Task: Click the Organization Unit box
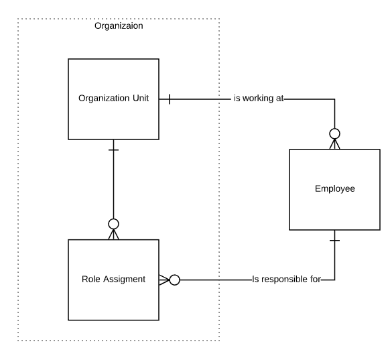click(x=113, y=99)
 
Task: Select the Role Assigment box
click(x=113, y=280)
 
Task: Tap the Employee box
click(x=334, y=190)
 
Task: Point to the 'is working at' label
click(x=259, y=99)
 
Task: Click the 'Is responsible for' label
click(x=286, y=280)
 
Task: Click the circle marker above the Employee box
click(x=334, y=133)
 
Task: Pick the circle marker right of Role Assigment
click(x=174, y=280)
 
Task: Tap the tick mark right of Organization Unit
click(x=170, y=99)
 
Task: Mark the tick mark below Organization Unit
click(x=113, y=149)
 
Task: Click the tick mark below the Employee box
click(x=334, y=240)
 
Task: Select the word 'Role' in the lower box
click(x=91, y=280)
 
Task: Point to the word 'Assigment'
click(x=124, y=280)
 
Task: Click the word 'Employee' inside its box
click(x=334, y=190)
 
